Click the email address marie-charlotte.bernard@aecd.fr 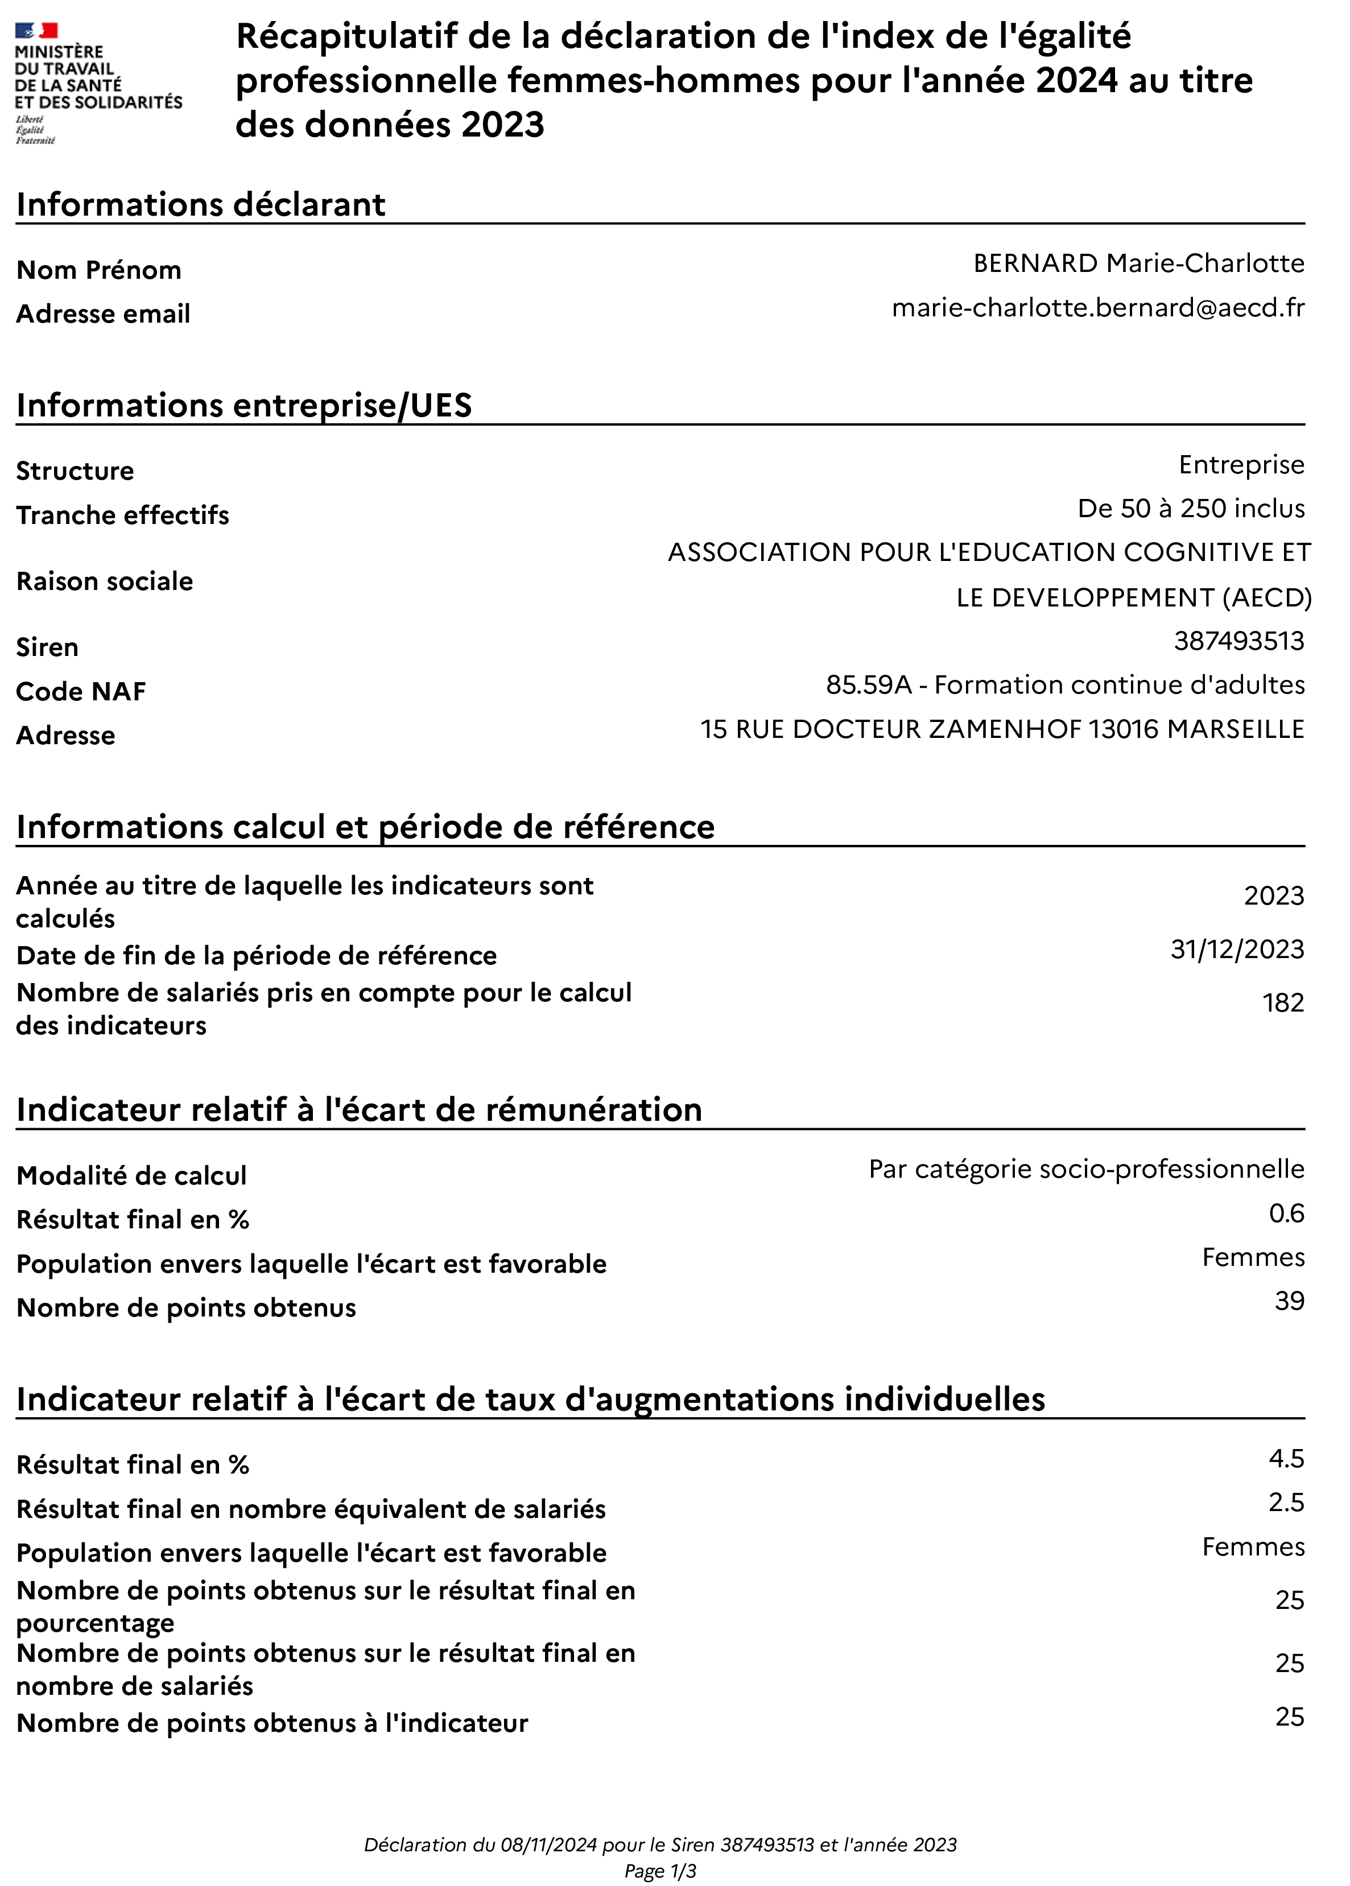pos(1097,308)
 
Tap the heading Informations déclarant pos(200,204)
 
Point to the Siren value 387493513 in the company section pos(1238,641)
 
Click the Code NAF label pos(81,692)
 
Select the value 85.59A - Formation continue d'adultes pos(1065,685)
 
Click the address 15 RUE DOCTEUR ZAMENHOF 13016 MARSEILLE pos(1002,729)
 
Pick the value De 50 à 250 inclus pos(1190,509)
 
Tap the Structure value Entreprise pos(1241,465)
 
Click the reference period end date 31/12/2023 pos(1237,949)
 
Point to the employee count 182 pos(1283,1003)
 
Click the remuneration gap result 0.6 pos(1286,1214)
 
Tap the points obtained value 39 pos(1289,1301)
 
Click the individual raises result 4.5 pos(1286,1459)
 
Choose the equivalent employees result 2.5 pos(1286,1503)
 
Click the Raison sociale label pos(105,581)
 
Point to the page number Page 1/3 pos(660,1872)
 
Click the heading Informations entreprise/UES pos(243,406)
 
